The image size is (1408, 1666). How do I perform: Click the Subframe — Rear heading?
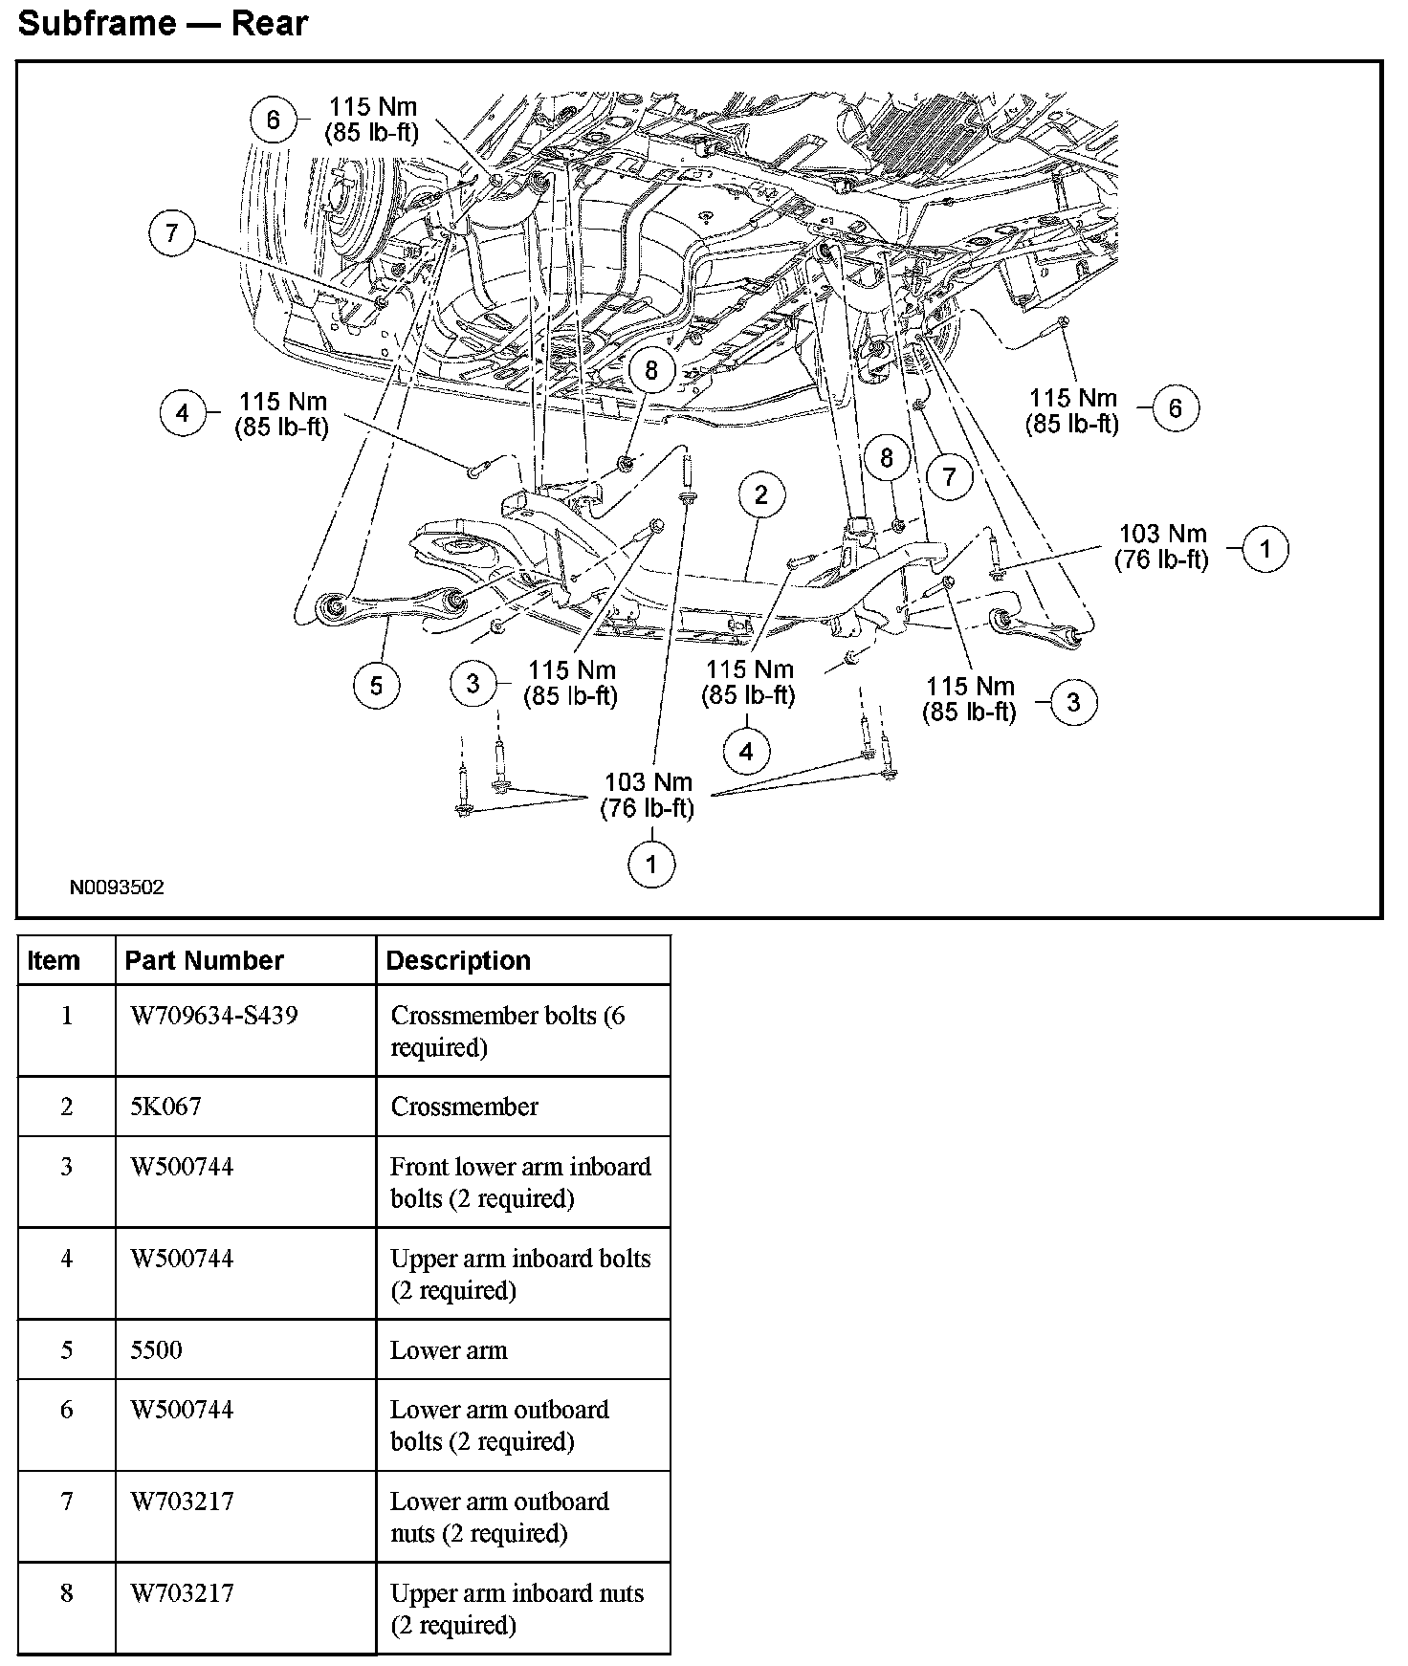coord(163,23)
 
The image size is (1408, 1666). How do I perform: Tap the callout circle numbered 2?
coord(760,494)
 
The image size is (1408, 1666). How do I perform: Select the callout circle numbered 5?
coord(376,685)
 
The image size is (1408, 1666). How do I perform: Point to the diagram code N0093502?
coord(117,888)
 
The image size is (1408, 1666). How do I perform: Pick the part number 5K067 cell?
coord(166,1107)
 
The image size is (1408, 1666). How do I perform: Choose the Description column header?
coord(458,960)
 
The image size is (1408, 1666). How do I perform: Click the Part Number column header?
coord(205,960)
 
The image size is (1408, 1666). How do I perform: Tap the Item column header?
coord(54,960)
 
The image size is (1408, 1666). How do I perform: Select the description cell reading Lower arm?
coord(449,1350)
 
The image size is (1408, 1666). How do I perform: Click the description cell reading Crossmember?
coord(464,1107)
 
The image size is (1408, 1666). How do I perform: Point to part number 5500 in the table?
coord(156,1350)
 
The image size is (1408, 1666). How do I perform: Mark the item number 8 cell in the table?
coord(67,1593)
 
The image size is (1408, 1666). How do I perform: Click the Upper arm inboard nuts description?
coord(517,1609)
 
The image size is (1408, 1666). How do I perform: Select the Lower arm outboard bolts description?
coord(499,1425)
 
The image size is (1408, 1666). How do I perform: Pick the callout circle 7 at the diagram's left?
coord(171,234)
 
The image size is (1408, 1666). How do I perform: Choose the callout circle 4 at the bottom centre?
coord(746,752)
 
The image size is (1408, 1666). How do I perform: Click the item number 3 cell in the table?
coord(67,1167)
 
